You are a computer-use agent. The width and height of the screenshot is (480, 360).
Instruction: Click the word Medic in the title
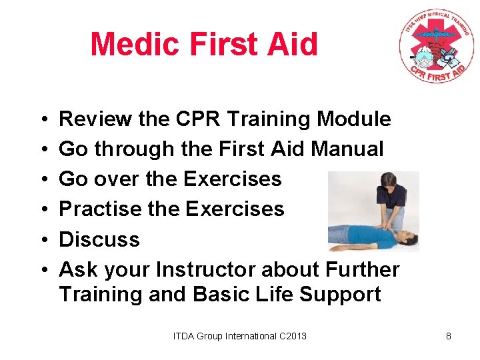click(x=136, y=45)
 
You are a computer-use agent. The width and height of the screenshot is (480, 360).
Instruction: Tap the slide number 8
click(x=449, y=336)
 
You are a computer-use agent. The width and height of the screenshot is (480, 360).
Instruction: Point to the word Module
click(x=353, y=119)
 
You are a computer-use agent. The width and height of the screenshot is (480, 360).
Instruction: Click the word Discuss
click(x=99, y=239)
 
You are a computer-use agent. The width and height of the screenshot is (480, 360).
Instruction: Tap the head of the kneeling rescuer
click(x=387, y=180)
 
